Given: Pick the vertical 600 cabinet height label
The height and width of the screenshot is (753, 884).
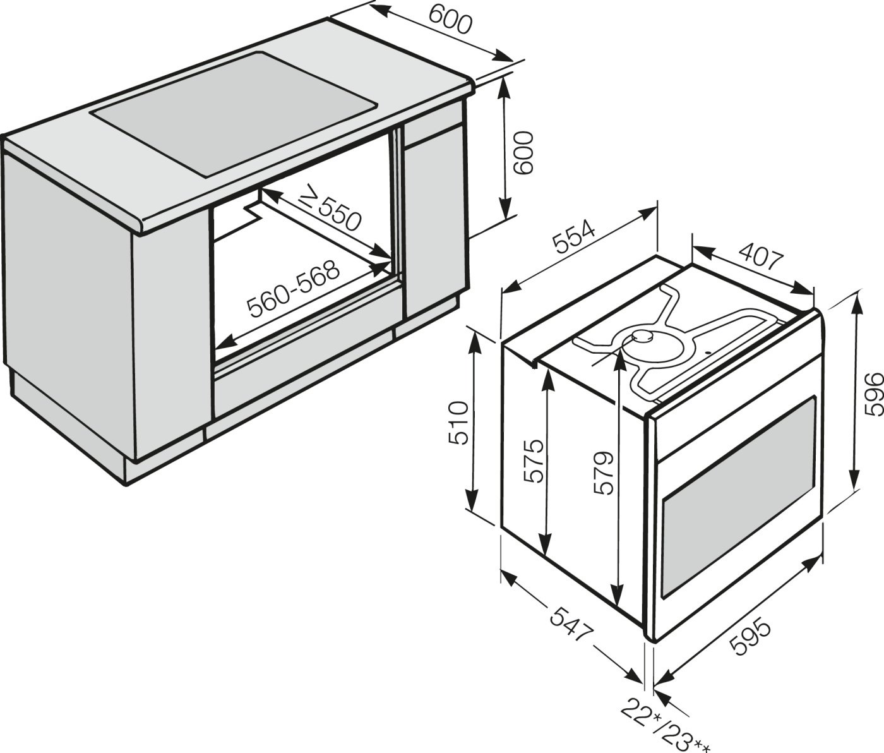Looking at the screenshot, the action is point(523,153).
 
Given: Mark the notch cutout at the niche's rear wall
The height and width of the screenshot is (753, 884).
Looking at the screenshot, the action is point(254,212).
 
